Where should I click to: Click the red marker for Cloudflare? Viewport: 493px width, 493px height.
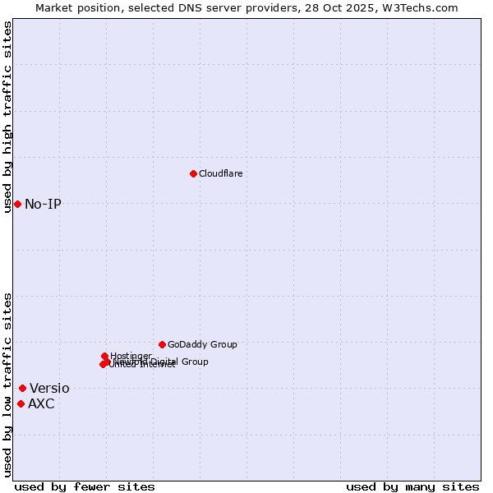tap(193, 173)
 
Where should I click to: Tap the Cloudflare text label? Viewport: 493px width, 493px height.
tap(220, 173)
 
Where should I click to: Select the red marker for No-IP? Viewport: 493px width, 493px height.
tap(17, 204)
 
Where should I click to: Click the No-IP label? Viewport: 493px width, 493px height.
tap(43, 204)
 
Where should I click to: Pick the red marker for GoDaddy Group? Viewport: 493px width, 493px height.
tap(162, 344)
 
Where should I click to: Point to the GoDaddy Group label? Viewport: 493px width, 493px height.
tap(202, 344)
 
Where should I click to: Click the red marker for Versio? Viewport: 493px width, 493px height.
tap(22, 388)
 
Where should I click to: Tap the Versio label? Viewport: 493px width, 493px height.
tap(49, 388)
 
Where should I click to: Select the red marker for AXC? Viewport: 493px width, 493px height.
tap(21, 403)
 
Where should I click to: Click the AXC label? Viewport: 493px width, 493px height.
tap(41, 403)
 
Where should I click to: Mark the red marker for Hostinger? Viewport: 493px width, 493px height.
tap(104, 356)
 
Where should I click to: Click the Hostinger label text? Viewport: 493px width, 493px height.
tap(131, 356)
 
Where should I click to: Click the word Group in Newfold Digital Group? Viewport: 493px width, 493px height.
tap(195, 362)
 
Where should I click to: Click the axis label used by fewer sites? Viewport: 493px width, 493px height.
tap(85, 486)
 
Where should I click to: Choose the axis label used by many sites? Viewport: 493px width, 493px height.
tap(412, 486)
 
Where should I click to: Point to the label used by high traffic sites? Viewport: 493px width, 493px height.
tap(7, 117)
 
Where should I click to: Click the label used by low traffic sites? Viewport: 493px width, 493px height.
tap(7, 385)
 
